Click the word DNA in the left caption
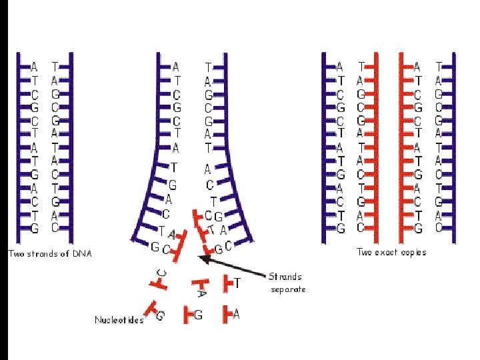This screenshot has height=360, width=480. (81, 253)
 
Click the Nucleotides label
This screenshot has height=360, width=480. (119, 320)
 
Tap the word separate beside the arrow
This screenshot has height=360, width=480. (288, 289)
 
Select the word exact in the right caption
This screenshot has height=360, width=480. (389, 252)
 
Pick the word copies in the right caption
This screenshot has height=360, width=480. (413, 252)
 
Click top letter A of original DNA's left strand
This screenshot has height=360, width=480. (35, 67)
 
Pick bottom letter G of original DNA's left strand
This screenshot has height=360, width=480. (35, 228)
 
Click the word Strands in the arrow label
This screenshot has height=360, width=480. (285, 277)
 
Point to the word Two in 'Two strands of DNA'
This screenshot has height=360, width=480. (16, 253)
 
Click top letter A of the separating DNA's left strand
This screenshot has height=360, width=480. (175, 67)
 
